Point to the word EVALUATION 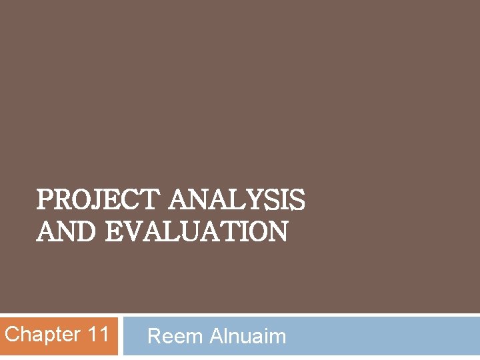coord(197,232)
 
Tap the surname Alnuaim coord(248,337)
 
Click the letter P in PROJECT coord(44,200)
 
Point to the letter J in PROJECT coord(95,200)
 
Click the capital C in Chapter coord(12,334)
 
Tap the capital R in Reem coord(154,337)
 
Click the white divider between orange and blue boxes coord(120,335)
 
